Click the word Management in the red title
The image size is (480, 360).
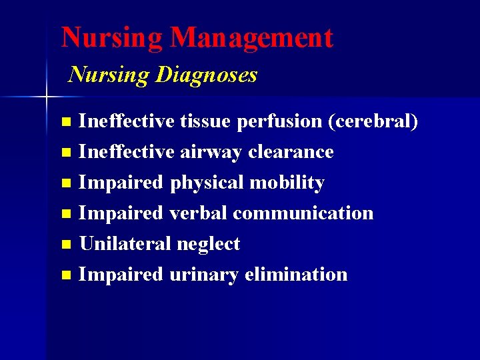(251, 38)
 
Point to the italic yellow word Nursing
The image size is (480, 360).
(109, 75)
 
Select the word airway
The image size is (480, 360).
(211, 152)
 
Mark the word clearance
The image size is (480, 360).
(291, 152)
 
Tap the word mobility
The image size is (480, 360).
(287, 183)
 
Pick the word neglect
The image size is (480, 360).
(208, 244)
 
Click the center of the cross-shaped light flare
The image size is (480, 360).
(46, 97)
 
